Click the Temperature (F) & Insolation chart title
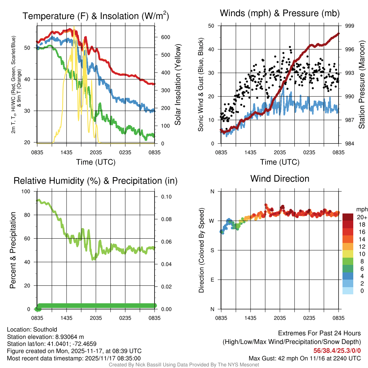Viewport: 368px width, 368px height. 96,16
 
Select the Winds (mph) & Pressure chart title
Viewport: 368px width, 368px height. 280,13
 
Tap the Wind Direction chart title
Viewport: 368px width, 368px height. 280,179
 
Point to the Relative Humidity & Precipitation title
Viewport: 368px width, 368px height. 96,181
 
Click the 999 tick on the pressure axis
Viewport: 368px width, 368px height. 350,26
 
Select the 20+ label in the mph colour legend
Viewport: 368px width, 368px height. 362,217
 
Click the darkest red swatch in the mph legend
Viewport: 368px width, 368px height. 348,217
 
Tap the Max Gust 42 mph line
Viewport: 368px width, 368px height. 305,358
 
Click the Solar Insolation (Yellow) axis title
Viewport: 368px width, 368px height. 178,84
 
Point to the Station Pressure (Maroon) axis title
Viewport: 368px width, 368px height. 362,84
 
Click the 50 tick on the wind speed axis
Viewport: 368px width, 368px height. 211,26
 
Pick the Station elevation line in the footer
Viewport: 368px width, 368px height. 45,337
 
